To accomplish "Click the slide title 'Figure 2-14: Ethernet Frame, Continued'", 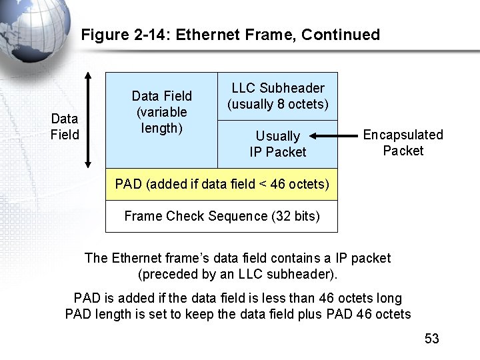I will tap(230, 35).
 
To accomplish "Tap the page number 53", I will tap(432, 339).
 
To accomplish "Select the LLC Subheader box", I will tap(277, 96).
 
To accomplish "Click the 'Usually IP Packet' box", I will tap(277, 144).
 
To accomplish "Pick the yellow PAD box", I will tap(221, 184).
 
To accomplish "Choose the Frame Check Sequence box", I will tap(221, 216).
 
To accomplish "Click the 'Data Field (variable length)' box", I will tap(161, 112).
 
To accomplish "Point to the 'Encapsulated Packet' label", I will tap(403, 143).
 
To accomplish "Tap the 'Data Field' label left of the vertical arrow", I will tap(64, 127).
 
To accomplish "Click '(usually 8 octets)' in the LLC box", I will tap(277, 104).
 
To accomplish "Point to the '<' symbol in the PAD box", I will tap(263, 184).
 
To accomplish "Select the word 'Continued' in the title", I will tap(341, 35).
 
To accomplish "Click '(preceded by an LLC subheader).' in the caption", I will tap(238, 273).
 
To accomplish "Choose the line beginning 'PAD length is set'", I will tap(238, 313).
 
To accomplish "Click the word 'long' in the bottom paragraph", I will tap(389, 297).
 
